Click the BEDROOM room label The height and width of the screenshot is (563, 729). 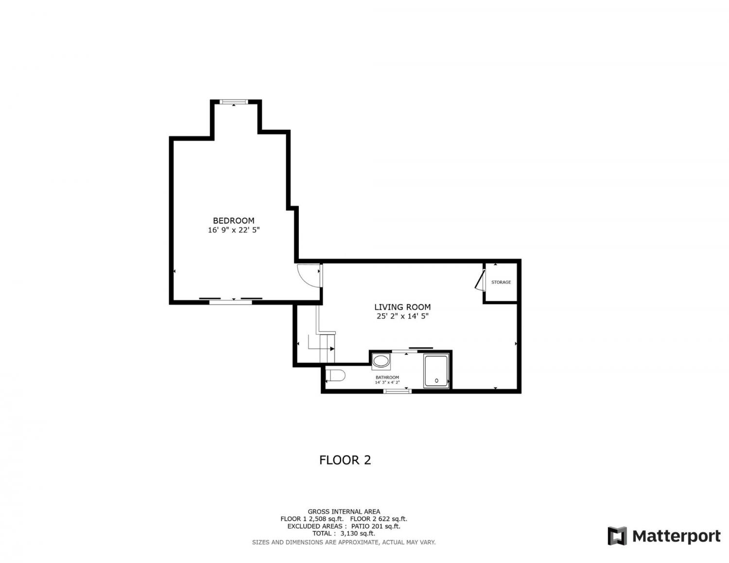(x=233, y=220)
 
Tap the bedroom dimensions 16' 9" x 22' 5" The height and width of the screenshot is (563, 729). (x=234, y=230)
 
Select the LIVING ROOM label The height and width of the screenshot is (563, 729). (x=402, y=307)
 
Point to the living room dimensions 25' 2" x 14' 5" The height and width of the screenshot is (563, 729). (x=402, y=316)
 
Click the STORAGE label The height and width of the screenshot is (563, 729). (x=501, y=282)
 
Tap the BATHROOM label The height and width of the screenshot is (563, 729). (x=387, y=377)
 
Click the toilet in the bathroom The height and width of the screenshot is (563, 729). (x=335, y=375)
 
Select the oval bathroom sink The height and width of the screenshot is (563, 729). (x=381, y=361)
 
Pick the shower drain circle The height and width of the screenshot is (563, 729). (x=436, y=381)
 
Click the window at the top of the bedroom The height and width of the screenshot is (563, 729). (x=233, y=102)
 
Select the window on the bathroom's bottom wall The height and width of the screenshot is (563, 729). (x=397, y=391)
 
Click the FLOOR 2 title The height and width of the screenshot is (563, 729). (x=345, y=460)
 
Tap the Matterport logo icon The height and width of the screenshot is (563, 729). (x=617, y=536)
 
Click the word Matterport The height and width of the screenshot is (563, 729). (x=677, y=536)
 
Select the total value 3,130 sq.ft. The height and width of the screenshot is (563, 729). (x=358, y=533)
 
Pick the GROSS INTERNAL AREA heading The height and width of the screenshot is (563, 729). (x=344, y=511)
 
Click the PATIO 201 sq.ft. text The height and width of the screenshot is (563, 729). (x=376, y=526)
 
